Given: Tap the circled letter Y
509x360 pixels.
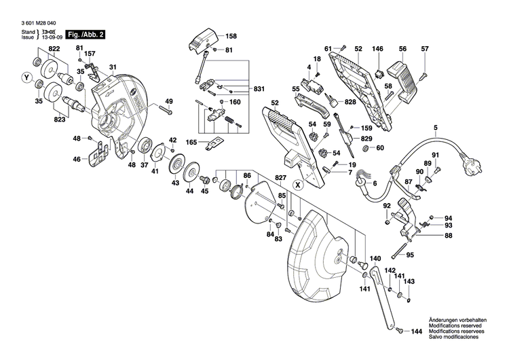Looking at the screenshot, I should (27, 77).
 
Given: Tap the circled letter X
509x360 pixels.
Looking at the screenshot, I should (297, 184).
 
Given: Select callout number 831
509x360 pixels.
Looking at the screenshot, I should (259, 90).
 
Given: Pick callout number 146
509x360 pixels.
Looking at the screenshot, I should (378, 49).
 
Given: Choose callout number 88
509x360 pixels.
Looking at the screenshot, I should (448, 236).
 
